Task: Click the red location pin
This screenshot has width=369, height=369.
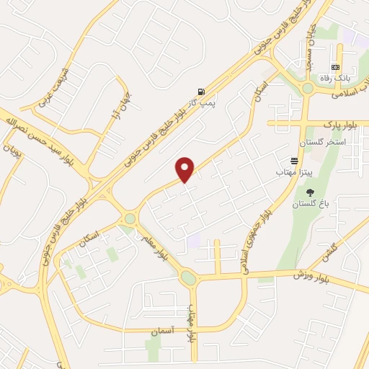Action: click(185, 169)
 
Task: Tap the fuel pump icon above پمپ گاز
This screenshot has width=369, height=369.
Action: click(200, 92)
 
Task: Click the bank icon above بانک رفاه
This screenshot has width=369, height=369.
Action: click(336, 67)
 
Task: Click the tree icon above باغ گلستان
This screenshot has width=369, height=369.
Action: click(310, 192)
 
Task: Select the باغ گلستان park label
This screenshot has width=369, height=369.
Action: click(309, 205)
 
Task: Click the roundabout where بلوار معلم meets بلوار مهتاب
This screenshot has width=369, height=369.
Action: click(189, 277)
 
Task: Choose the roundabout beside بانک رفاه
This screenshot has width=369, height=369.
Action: click(308, 88)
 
